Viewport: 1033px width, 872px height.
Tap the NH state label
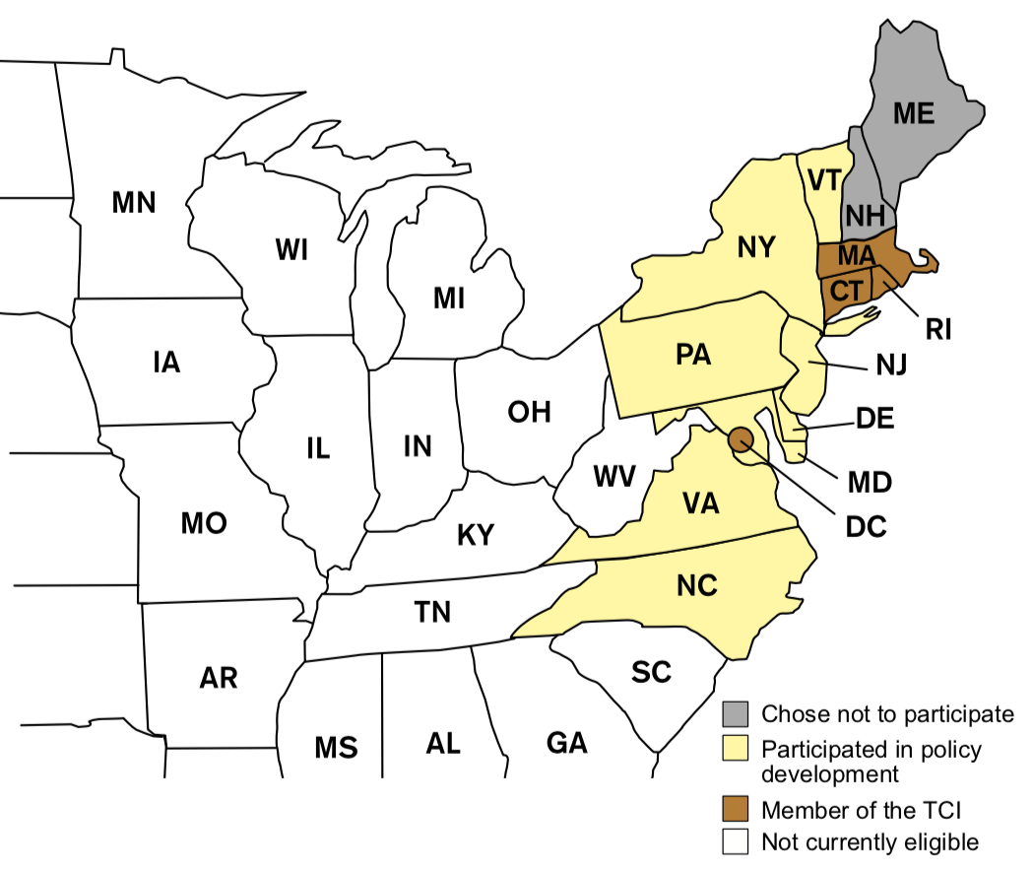[866, 216]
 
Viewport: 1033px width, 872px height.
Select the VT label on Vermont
[822, 180]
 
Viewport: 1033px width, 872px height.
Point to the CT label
[846, 292]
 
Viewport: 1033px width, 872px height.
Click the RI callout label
[937, 328]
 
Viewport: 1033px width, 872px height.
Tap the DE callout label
[874, 419]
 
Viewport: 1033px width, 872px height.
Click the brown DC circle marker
[742, 438]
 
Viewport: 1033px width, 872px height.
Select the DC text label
[866, 526]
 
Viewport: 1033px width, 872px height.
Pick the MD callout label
[869, 483]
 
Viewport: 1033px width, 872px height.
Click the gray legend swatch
[735, 712]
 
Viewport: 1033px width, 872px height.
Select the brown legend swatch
[735, 810]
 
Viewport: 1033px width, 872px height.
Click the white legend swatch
[735, 841]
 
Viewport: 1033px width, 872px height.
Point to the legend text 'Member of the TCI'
[861, 810]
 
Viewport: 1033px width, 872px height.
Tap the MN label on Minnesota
[134, 203]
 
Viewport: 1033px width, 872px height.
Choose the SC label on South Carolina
[651, 672]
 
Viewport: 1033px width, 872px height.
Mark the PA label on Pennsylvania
[693, 355]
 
